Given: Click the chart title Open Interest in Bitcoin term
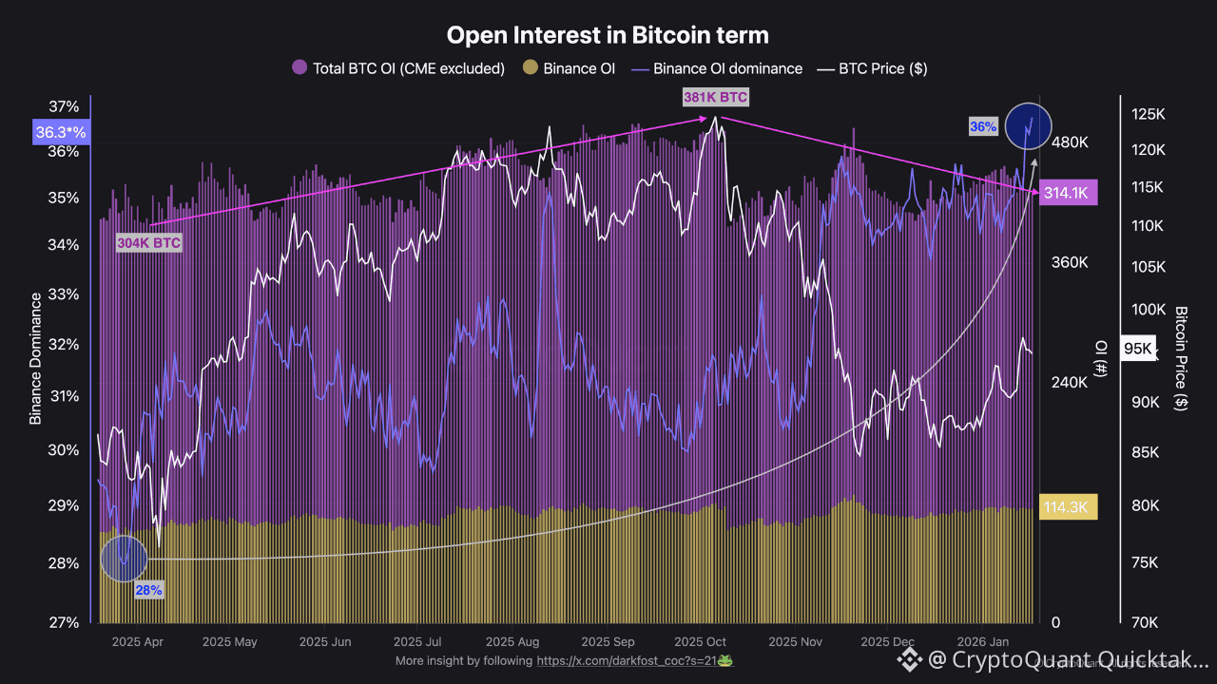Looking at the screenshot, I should point(608,35).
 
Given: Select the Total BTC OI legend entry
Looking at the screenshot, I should point(399,68).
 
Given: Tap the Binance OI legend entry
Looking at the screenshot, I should point(570,68).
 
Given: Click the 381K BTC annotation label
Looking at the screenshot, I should point(715,97).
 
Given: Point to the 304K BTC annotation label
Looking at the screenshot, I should point(148,242).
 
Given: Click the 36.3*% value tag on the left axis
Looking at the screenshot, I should point(60,133).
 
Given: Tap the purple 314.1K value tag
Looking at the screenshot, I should point(1069,192).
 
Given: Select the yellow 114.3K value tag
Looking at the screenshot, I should point(1069,507).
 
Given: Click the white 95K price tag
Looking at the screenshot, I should point(1138,349).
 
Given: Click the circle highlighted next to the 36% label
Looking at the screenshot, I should point(1028,125).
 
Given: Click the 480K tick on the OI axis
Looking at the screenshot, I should point(1069,142).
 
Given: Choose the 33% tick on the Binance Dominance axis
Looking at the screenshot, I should point(65,294).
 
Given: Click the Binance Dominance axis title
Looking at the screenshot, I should point(36,358).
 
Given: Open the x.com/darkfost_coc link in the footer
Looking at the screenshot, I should point(628,660).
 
